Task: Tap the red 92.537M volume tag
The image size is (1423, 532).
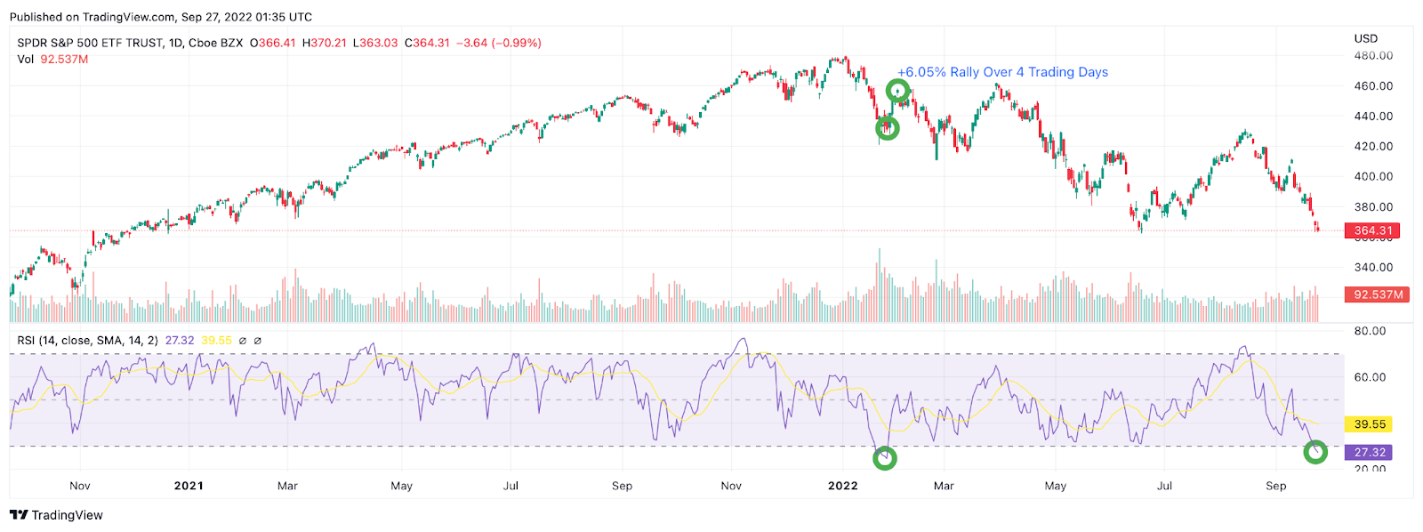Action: pyautogui.click(x=1378, y=294)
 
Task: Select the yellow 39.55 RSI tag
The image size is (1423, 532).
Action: pyautogui.click(x=1370, y=424)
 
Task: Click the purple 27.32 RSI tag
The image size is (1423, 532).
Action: pyautogui.click(x=1370, y=452)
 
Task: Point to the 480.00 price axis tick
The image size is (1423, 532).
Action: pyautogui.click(x=1373, y=55)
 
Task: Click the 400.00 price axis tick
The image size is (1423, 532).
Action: pyautogui.click(x=1373, y=176)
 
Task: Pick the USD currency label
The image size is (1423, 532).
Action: pyautogui.click(x=1365, y=38)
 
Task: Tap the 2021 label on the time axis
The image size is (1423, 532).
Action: pyautogui.click(x=189, y=486)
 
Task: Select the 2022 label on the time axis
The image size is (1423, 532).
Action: pyautogui.click(x=842, y=486)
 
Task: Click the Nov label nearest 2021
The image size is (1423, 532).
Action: pyautogui.click(x=80, y=486)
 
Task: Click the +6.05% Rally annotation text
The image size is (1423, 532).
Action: pyautogui.click(x=1002, y=72)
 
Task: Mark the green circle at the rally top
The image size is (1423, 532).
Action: pyautogui.click(x=897, y=91)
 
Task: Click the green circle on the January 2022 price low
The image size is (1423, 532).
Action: pyautogui.click(x=887, y=128)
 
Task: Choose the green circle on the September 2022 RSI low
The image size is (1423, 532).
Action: pyautogui.click(x=1315, y=452)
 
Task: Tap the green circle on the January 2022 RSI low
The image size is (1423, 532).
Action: pyautogui.click(x=884, y=458)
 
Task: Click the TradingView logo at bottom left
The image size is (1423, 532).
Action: pyautogui.click(x=56, y=515)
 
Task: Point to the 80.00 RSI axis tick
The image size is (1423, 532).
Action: pyautogui.click(x=1370, y=331)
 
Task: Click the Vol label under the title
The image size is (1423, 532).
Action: pyautogui.click(x=25, y=60)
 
